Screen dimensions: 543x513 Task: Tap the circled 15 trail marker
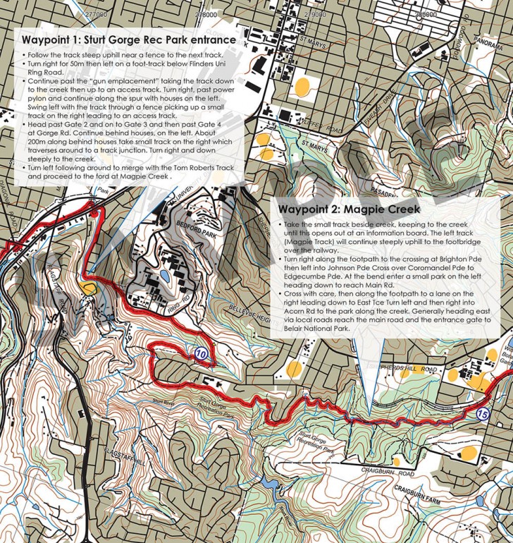pos(482,415)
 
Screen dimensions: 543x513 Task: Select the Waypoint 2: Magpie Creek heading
pos(349,209)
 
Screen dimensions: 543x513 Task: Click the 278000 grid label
pos(205,13)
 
